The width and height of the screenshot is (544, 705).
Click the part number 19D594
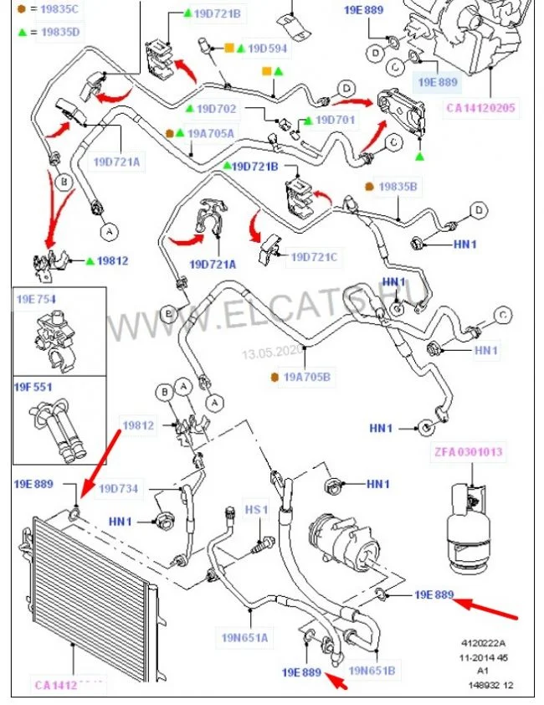click(x=266, y=49)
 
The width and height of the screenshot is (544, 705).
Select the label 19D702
click(x=216, y=109)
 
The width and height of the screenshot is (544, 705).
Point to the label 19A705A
click(x=211, y=133)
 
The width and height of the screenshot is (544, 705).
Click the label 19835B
click(x=398, y=187)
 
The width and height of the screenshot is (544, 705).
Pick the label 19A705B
click(x=307, y=378)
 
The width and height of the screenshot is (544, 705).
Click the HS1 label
click(x=255, y=509)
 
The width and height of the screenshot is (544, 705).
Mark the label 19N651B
click(x=372, y=670)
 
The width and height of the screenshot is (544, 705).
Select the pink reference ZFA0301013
click(x=468, y=452)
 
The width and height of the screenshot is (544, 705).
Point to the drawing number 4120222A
click(x=486, y=644)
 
